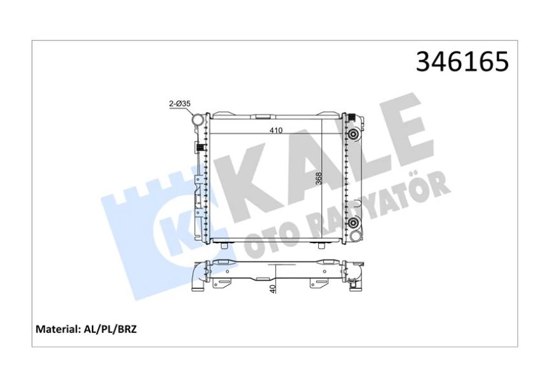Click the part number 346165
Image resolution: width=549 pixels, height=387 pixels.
click(462, 62)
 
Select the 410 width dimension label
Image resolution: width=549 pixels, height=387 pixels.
click(275, 129)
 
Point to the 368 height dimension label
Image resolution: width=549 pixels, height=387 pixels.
click(319, 180)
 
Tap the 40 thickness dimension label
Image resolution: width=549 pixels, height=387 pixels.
click(273, 288)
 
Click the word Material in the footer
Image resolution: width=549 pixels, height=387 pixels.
click(55, 330)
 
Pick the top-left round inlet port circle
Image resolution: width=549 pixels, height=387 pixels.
click(199, 119)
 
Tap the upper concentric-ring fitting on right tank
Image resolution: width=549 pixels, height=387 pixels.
click(353, 134)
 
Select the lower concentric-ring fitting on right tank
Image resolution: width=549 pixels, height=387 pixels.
click(353, 222)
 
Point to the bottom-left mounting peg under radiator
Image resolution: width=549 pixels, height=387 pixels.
click(225, 244)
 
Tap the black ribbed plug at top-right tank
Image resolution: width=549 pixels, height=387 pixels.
click(351, 115)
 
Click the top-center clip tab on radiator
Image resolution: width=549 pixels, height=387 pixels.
click(261, 116)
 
